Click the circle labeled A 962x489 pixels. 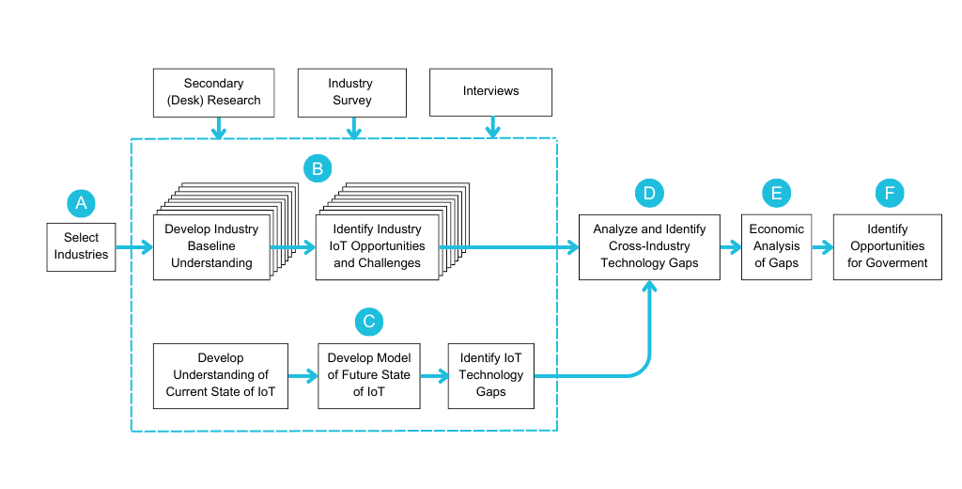click(81, 202)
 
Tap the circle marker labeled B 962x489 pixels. click(318, 168)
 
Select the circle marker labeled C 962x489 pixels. click(369, 322)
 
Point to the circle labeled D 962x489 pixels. click(649, 193)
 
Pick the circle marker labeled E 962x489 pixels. click(777, 193)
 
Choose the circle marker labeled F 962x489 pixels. click(890, 193)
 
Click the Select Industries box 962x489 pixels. click(82, 246)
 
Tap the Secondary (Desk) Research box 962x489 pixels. click(213, 92)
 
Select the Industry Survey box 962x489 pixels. click(350, 92)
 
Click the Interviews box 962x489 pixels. click(490, 92)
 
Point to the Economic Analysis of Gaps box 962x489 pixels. click(777, 246)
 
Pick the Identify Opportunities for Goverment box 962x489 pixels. click(888, 246)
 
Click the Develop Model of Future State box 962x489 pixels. click(369, 375)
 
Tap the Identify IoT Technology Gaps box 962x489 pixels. click(490, 375)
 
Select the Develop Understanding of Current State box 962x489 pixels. click(221, 375)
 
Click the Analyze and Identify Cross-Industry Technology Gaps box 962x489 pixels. click(649, 246)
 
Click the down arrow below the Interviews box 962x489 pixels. click(490, 127)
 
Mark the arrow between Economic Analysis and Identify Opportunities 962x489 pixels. click(823, 247)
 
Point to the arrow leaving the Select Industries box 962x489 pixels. click(134, 247)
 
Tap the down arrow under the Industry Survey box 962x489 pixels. click(353, 127)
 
